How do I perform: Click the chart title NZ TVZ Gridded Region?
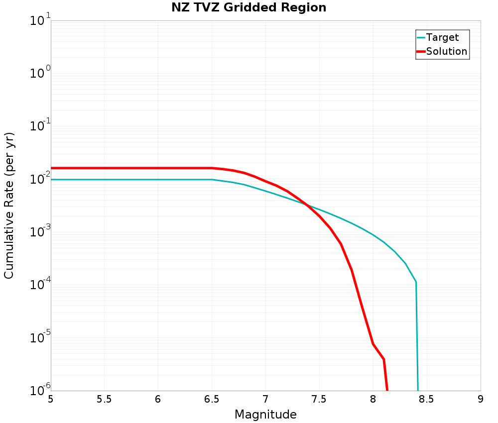249,8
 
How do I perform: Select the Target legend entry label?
442,37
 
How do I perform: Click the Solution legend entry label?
447,51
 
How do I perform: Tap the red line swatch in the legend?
421,51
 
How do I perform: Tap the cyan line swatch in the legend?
421,37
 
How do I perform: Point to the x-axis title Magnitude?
265,415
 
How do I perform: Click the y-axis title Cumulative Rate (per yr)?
9,206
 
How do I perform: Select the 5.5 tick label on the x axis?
104,400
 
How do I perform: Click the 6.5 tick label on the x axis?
212,400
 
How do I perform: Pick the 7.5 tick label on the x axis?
319,400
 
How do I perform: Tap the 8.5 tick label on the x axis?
426,400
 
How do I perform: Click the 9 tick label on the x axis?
480,400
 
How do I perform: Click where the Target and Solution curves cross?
307,205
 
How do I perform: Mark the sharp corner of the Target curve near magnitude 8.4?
416,282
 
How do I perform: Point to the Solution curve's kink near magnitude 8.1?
383,359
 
